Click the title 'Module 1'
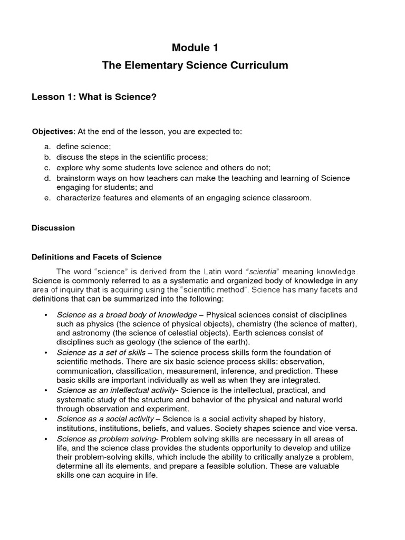coord(195,48)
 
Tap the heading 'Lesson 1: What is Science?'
coord(94,98)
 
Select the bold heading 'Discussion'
coord(53,228)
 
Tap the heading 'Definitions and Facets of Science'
coord(97,257)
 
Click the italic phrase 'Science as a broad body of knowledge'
coord(127,314)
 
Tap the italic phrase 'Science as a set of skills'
coord(101,352)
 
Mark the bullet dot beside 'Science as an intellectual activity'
coord(46,390)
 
